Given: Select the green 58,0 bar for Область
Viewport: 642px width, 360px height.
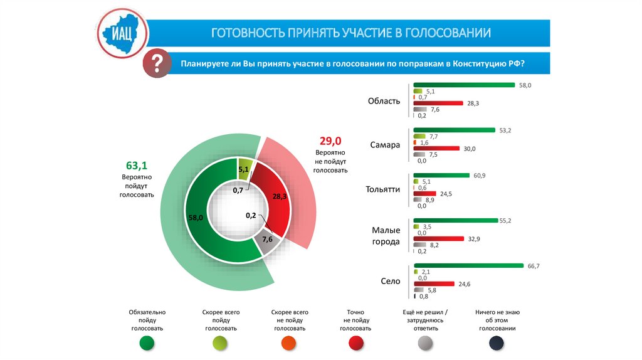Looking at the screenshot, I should click(x=463, y=85).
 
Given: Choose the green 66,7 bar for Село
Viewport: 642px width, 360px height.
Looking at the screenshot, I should click(x=468, y=266).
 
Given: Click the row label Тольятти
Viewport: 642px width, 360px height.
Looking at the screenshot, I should click(x=382, y=189).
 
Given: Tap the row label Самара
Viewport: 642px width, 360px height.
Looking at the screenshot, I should click(x=384, y=144).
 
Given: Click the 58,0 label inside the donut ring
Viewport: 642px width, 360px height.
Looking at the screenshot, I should click(x=196, y=218).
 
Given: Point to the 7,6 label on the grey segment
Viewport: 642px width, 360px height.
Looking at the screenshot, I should click(x=267, y=240).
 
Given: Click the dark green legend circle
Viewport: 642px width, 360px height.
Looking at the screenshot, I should click(x=147, y=342).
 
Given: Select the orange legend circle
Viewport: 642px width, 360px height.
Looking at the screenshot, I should click(x=289, y=342).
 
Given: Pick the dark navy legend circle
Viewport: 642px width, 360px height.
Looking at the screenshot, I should click(x=497, y=342).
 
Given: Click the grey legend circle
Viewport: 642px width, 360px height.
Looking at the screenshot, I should click(x=426, y=342).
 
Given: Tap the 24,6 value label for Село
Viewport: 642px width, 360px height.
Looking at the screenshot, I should click(x=465, y=284).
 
